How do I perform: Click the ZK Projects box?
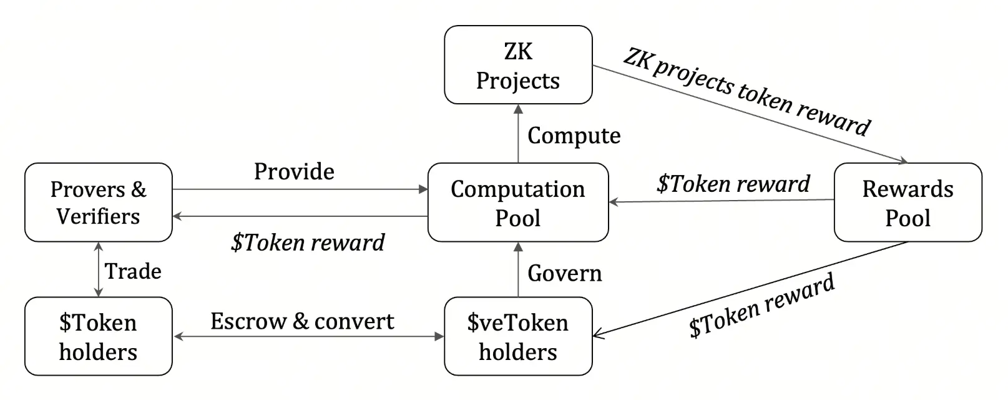coord(517,65)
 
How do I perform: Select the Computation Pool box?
coord(517,202)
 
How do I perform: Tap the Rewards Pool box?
coord(908,202)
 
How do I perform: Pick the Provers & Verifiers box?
coord(98,202)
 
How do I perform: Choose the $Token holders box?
coord(98,336)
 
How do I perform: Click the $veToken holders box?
coord(517,336)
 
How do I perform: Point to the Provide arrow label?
coord(294,171)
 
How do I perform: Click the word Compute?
coord(574,136)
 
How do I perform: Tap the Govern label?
coord(564,273)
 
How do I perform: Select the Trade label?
coord(133,271)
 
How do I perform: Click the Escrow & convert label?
coord(302,321)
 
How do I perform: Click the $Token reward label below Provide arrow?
coord(308,242)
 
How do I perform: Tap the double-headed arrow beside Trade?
coord(98,269)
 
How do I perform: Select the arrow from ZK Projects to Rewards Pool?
coord(749,114)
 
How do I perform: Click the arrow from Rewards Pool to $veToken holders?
coord(749,289)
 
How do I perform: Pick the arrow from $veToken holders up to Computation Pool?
coord(518,269)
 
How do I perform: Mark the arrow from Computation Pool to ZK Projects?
coord(518,134)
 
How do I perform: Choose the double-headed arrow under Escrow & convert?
coord(308,336)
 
